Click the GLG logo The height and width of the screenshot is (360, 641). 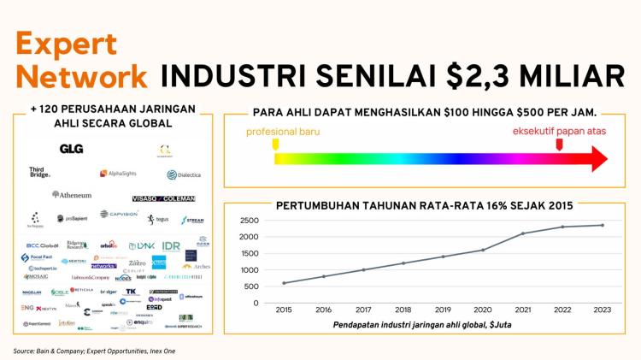tap(71, 149)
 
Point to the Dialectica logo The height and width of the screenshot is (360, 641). tap(183, 174)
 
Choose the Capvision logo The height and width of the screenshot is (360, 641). tap(119, 214)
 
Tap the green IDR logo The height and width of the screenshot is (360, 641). tap(171, 245)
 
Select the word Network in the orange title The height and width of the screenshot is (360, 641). tap(82, 75)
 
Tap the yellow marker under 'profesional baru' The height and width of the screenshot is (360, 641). tap(275, 145)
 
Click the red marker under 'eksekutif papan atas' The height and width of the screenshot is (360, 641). tap(559, 145)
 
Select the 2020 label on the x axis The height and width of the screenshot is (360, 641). tap(482, 311)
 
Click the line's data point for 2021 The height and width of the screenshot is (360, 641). tap(524, 233)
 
